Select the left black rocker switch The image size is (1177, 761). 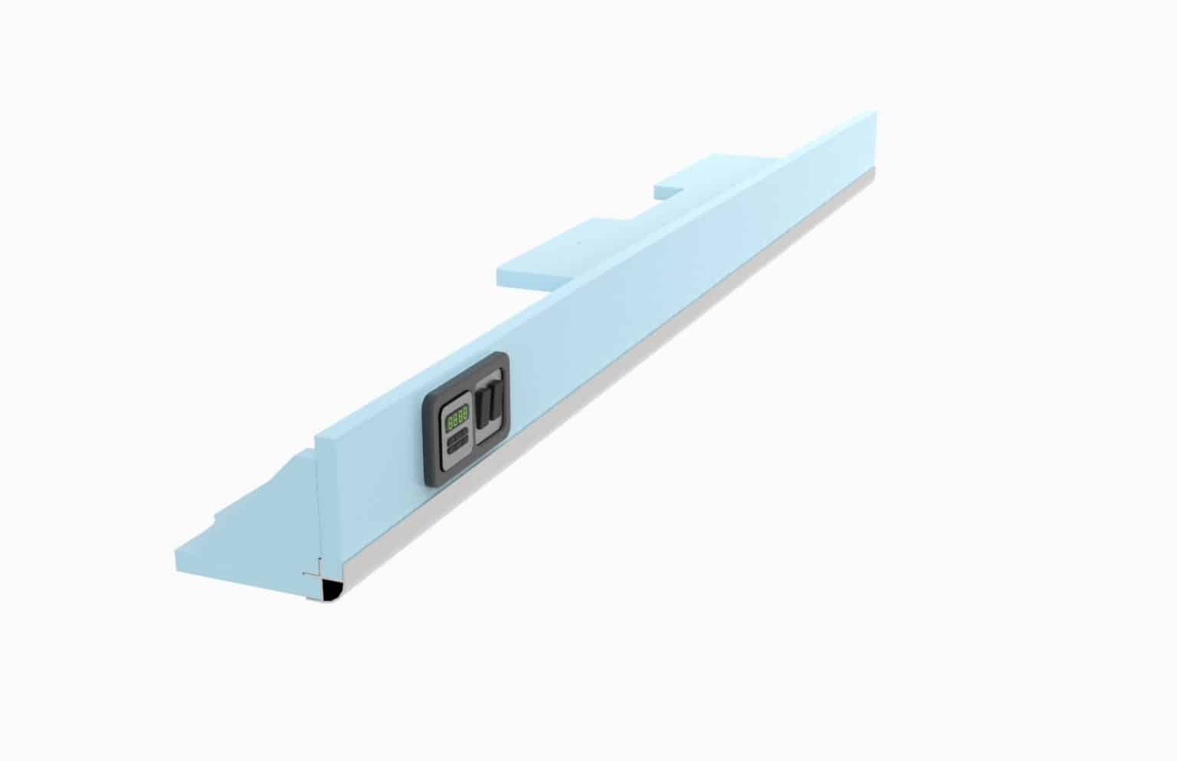coord(484,407)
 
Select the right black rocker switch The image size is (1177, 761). coord(495,402)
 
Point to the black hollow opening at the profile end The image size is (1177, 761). coord(331,591)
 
